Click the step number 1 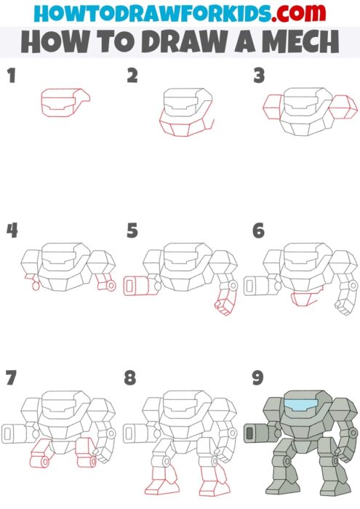[11, 75]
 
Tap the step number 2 [132, 75]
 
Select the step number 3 [258, 75]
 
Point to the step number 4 [12, 231]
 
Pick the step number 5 [132, 231]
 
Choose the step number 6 [258, 231]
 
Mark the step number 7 [11, 377]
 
